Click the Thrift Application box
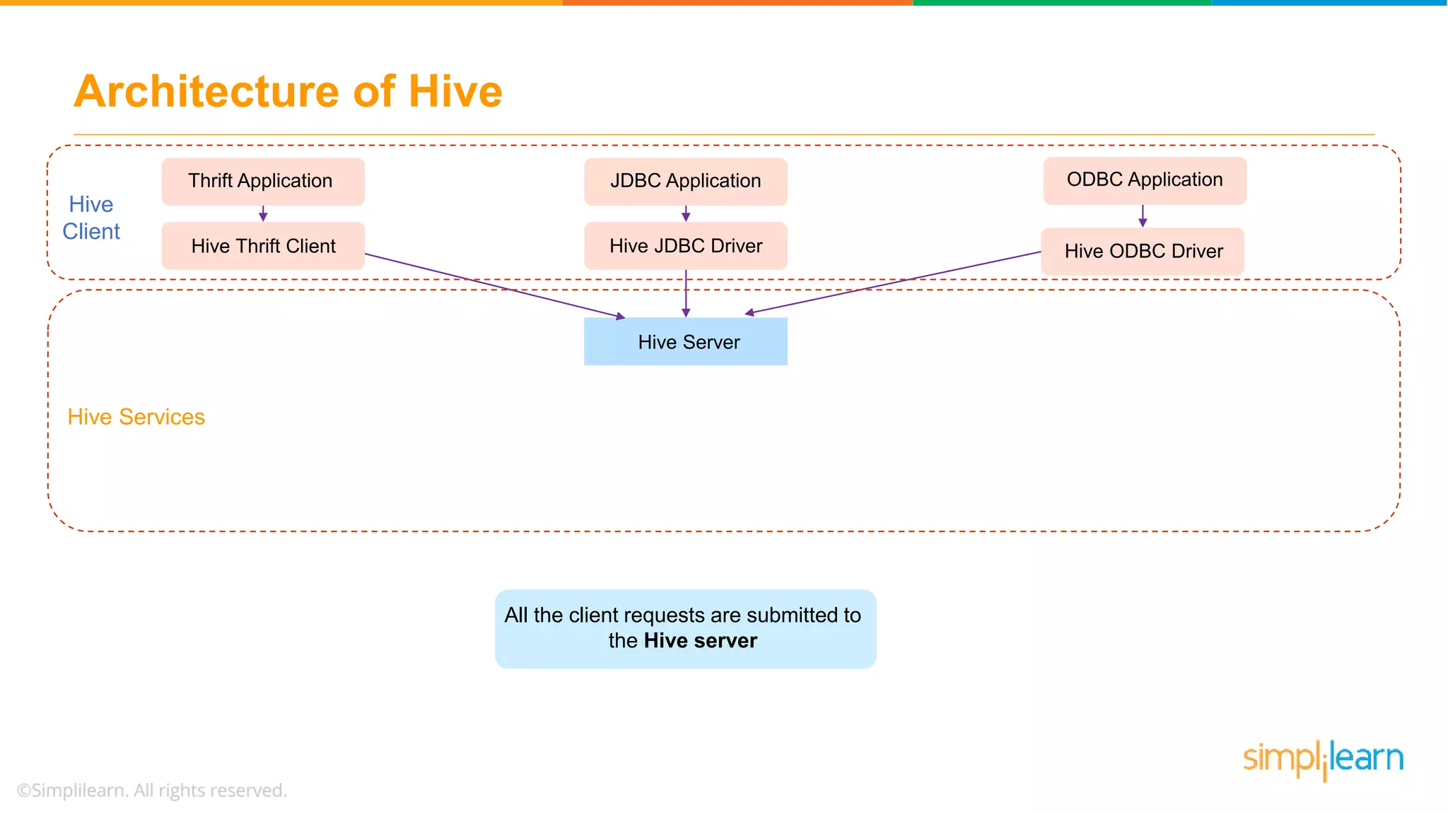(x=262, y=182)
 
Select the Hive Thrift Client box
(x=262, y=246)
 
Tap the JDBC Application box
(x=685, y=182)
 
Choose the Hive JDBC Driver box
(x=685, y=246)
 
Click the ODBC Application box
(x=1144, y=180)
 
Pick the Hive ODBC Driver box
(x=1142, y=252)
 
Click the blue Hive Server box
(x=685, y=341)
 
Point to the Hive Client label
(x=91, y=218)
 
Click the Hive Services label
(x=136, y=417)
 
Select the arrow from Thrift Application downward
(x=263, y=213)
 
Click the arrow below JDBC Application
(x=685, y=213)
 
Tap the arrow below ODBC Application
(x=1143, y=216)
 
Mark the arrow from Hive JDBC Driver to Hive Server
(x=685, y=293)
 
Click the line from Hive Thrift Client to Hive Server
(x=495, y=285)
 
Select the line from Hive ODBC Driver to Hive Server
(x=891, y=283)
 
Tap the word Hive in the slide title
(x=455, y=92)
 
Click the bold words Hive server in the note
(x=700, y=641)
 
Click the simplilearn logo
(x=1323, y=760)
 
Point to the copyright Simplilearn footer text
(x=151, y=790)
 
